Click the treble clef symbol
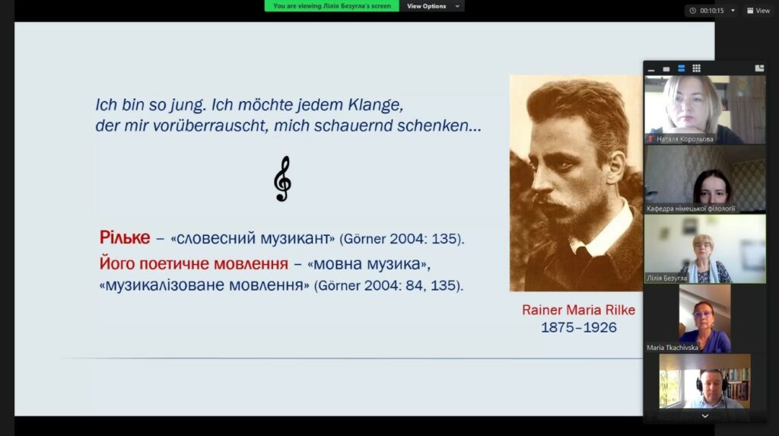pos(283,179)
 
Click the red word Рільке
pos(125,237)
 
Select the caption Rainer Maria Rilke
pos(578,310)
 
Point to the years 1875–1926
pos(579,327)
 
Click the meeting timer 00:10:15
pos(711,11)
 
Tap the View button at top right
pos(758,11)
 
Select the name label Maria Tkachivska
pos(672,348)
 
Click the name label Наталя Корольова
pos(685,139)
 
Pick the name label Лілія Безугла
pos(666,278)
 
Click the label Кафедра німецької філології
pos(691,208)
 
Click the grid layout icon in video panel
pos(697,68)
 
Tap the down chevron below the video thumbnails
pos(705,416)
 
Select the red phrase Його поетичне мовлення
pos(194,263)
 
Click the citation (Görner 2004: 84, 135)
pos(389,285)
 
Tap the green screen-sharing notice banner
pos(332,6)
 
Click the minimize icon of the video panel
pos(651,69)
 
